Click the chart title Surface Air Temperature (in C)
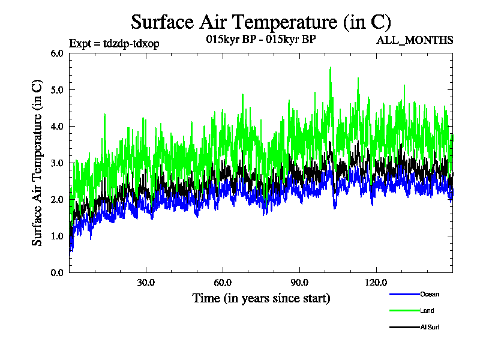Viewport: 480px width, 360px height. tap(261, 22)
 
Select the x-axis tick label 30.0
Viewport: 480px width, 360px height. tap(146, 283)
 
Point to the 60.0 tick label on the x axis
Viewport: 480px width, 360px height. tap(223, 283)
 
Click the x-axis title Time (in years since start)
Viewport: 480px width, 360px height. tap(261, 298)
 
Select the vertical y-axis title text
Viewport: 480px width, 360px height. tap(37, 163)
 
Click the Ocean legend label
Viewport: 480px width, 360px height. tap(430, 294)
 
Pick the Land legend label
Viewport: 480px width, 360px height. tap(427, 311)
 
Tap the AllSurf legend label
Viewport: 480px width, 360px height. tap(430, 327)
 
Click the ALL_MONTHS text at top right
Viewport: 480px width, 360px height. tap(414, 40)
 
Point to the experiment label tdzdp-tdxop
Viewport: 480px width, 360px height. tap(114, 43)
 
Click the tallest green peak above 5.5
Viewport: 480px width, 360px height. tap(331, 68)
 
